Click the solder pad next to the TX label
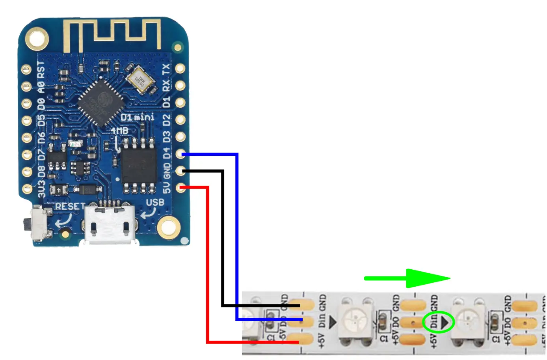coord(180,69)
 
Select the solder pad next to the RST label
coord(26,70)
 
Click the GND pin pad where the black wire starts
coord(180,171)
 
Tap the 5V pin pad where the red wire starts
coord(180,187)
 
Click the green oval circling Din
coord(438,322)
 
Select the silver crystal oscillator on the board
coord(141,80)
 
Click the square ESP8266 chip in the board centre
coord(101,102)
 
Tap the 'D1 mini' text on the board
coord(137,117)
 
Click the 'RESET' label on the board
coord(70,206)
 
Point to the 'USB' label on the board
coord(155,202)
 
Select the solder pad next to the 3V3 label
coord(26,188)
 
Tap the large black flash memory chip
coord(139,166)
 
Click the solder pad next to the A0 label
coord(26,86)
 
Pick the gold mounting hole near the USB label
coord(169,228)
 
